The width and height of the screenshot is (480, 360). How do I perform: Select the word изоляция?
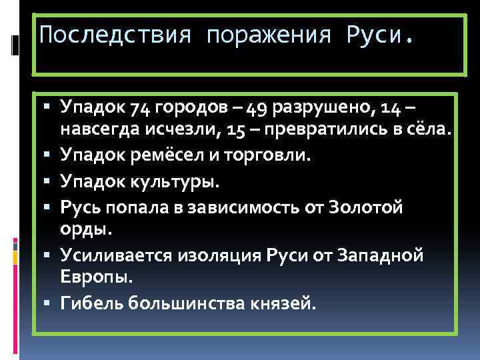pos(211,255)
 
